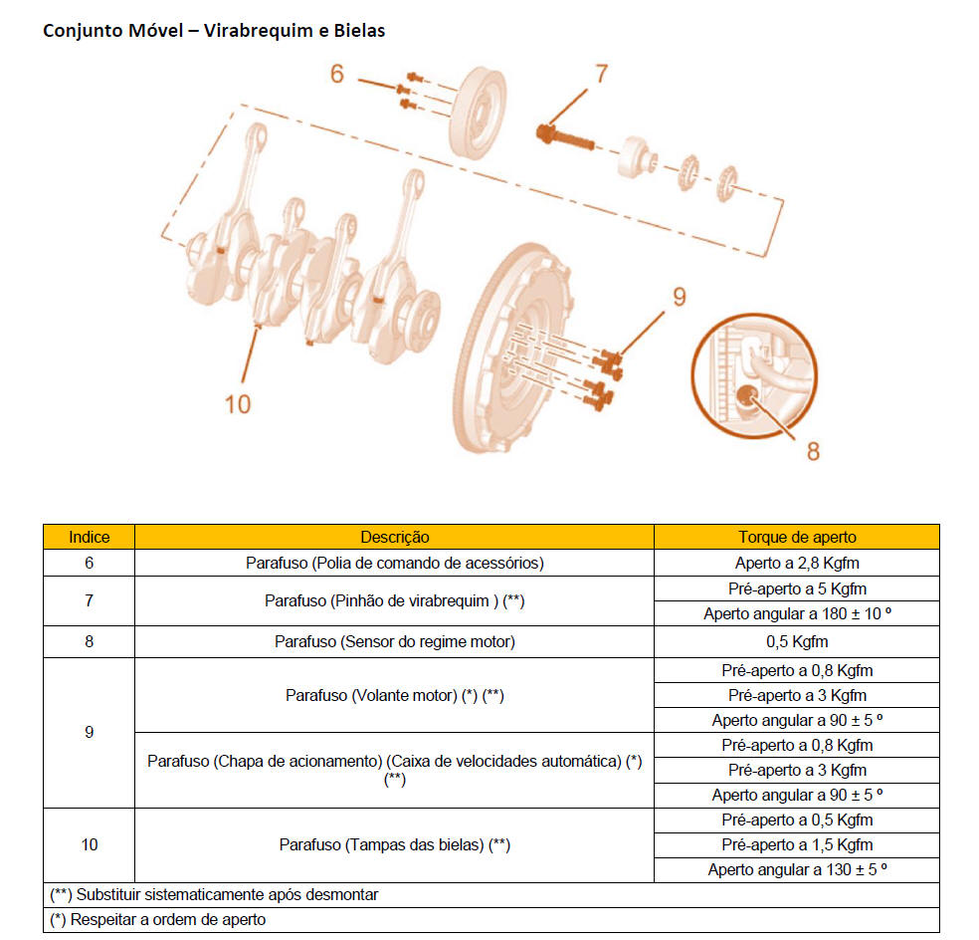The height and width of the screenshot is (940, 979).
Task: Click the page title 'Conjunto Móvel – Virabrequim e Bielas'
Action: tap(214, 31)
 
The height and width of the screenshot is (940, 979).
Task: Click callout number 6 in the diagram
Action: tap(337, 74)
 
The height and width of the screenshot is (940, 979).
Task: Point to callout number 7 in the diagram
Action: tap(600, 73)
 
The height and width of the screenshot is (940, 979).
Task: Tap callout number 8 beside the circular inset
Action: tap(813, 451)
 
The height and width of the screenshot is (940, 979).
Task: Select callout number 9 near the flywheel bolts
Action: tap(680, 296)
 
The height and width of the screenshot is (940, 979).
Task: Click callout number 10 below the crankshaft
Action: tap(238, 403)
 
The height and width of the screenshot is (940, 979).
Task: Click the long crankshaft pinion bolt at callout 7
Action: tap(567, 137)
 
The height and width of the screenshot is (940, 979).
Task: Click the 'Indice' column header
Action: tap(89, 537)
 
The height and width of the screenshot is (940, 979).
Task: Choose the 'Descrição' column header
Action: tap(394, 537)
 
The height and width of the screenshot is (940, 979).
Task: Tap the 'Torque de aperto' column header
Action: tap(796, 537)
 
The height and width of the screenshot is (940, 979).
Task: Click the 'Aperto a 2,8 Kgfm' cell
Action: tap(796, 563)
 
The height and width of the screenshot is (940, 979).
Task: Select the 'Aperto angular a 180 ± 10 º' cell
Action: tap(796, 613)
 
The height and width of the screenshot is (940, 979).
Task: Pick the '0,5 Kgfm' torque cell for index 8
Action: tap(796, 641)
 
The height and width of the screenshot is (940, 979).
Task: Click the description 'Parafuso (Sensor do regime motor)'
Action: tap(394, 641)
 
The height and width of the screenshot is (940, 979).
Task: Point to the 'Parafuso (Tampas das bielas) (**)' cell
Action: tap(394, 844)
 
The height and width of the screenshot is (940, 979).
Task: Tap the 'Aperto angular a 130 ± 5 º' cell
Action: tap(796, 869)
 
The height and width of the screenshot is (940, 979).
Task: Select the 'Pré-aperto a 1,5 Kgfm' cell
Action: tap(796, 844)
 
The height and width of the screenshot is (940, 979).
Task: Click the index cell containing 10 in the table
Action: tap(89, 844)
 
